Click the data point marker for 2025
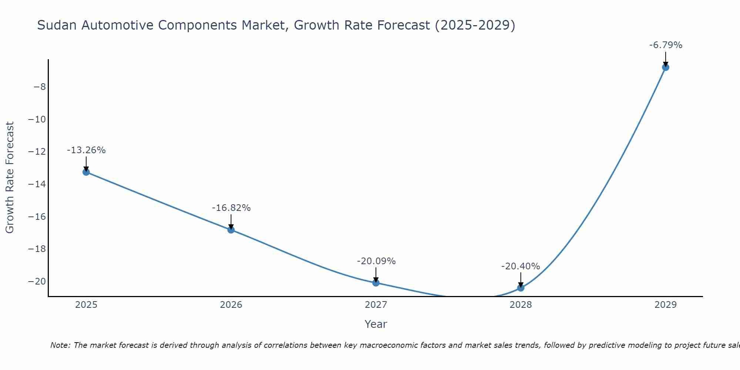(x=86, y=172)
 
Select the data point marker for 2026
(x=231, y=230)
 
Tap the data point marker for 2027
(x=376, y=283)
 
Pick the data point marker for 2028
(x=521, y=288)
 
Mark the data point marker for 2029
(x=666, y=67)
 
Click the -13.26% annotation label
(x=86, y=150)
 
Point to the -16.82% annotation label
(x=231, y=208)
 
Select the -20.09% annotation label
(x=376, y=261)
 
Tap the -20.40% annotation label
(x=521, y=266)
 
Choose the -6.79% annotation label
(x=666, y=45)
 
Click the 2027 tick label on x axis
(x=376, y=305)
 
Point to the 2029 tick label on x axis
(x=666, y=305)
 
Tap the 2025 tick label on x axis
(x=86, y=305)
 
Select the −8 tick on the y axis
(x=40, y=87)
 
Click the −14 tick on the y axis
(x=37, y=184)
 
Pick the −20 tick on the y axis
(x=37, y=281)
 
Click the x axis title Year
(x=376, y=324)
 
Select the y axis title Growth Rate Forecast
(x=10, y=178)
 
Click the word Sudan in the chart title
(x=57, y=25)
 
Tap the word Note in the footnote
(x=60, y=345)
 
